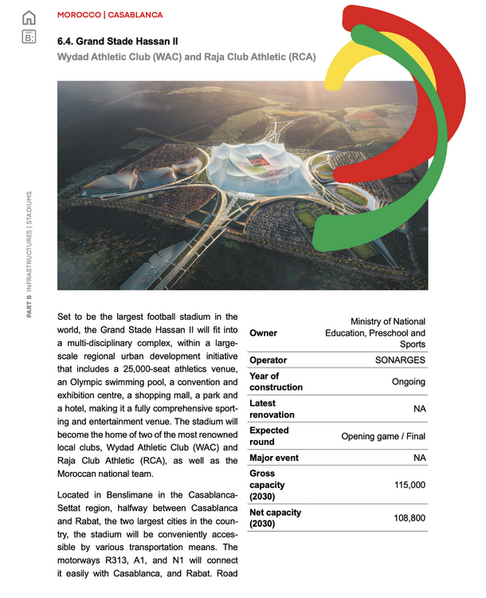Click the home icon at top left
click(x=29, y=17)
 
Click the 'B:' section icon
click(x=29, y=36)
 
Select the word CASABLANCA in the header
click(x=135, y=15)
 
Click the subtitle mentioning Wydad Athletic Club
click(x=186, y=57)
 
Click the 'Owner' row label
click(x=264, y=332)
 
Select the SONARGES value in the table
click(x=400, y=360)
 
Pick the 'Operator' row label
click(x=268, y=360)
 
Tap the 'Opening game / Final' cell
click(x=383, y=436)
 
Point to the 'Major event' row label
click(x=275, y=458)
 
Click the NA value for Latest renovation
click(x=418, y=408)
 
